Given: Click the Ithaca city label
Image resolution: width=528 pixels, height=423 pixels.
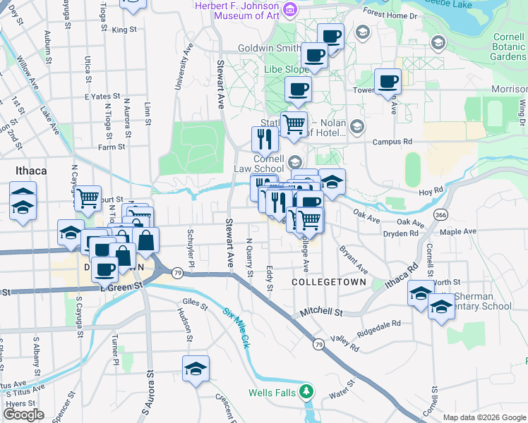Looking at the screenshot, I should point(31,171).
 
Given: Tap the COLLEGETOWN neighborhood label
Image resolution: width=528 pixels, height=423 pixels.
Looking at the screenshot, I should point(329,282).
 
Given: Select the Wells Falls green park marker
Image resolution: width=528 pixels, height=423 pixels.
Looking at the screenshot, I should point(306,391).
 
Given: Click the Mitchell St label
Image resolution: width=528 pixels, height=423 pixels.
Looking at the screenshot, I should point(320,311).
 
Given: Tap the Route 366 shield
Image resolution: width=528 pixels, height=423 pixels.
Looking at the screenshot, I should point(441,214).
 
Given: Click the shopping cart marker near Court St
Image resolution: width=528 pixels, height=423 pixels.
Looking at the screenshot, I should point(88,199).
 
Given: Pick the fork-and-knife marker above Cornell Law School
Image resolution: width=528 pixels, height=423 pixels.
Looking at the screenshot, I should point(265,138).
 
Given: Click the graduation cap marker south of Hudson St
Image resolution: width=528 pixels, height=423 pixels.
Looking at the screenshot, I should point(196,369).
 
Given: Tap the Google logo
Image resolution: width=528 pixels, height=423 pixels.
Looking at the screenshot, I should point(24,415).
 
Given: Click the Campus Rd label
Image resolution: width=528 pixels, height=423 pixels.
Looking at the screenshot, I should point(392,142).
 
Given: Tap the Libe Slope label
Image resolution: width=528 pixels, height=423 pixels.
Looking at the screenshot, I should point(286,70).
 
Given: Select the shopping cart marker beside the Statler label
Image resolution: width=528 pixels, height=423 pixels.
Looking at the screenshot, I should point(294,125).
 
